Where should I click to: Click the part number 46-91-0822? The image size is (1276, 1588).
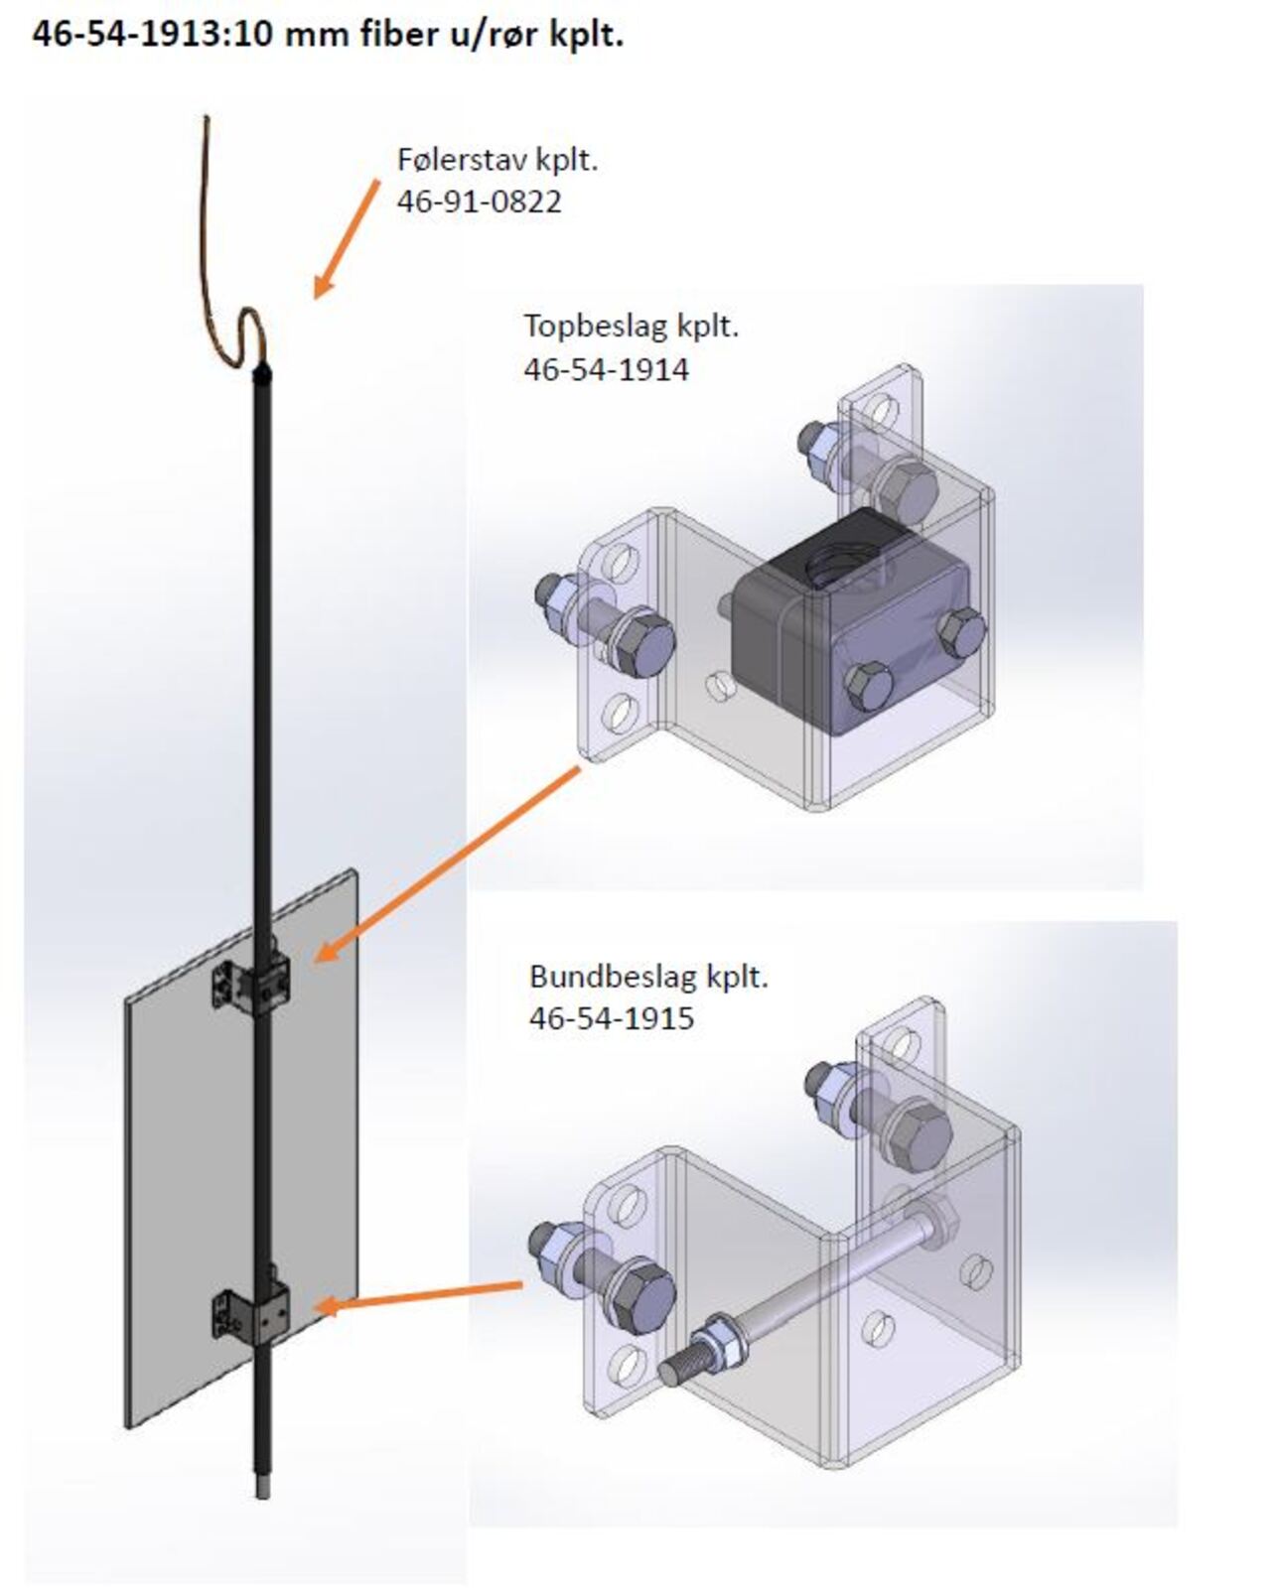click(x=479, y=201)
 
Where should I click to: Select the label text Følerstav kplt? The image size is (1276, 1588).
click(x=496, y=159)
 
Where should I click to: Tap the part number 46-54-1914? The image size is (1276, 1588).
click(x=606, y=369)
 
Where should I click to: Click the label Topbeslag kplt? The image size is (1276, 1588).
click(x=631, y=326)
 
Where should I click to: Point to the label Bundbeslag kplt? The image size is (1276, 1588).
click(x=648, y=977)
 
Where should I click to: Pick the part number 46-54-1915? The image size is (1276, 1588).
click(x=611, y=1018)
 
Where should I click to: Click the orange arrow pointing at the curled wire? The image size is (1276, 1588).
click(x=346, y=239)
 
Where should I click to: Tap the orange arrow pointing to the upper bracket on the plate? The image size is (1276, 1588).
click(x=447, y=863)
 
